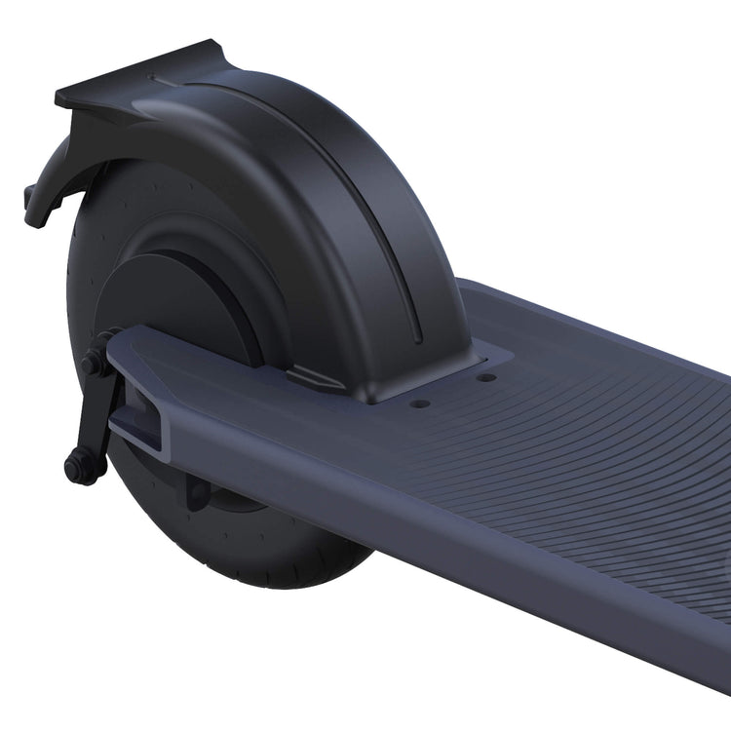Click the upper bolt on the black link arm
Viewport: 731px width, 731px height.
95,363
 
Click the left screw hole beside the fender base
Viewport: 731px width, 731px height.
419,403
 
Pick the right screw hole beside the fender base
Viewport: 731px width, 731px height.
485,377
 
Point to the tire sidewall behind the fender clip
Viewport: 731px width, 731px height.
83,253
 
